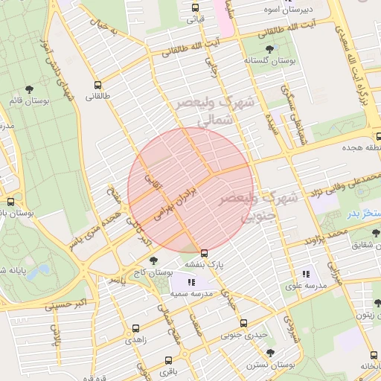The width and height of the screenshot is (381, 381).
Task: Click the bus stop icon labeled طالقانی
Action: (97, 84)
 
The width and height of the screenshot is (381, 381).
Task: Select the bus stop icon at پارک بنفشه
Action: (204, 253)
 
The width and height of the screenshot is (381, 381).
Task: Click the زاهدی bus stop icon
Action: (135, 328)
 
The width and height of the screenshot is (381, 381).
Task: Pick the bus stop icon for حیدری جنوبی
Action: (243, 323)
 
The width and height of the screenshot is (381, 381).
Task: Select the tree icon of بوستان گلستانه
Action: (269, 49)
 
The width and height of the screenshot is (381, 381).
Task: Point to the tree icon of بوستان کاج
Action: (153, 260)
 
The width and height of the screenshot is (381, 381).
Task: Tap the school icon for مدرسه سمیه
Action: (191, 282)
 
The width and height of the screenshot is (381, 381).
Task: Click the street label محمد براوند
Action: (325, 237)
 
